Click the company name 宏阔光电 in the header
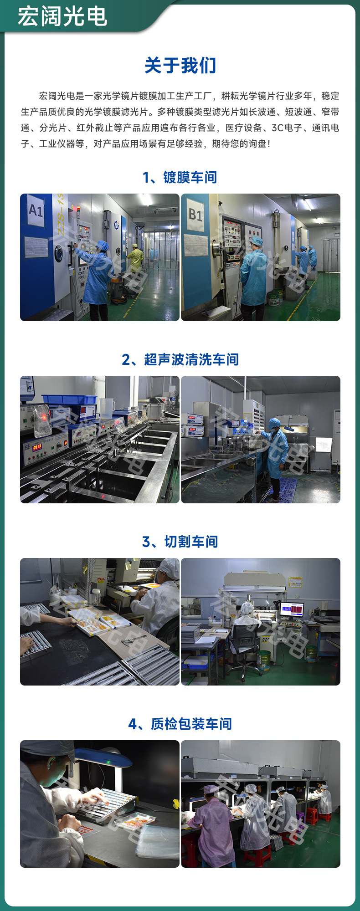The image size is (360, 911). coord(62,16)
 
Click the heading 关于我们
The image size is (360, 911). coord(180,66)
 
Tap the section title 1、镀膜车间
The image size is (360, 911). coord(180,177)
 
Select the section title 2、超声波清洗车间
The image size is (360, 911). coord(180,359)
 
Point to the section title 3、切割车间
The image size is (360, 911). coord(180,542)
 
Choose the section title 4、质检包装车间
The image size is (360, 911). coord(180,724)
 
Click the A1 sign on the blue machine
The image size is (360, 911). coord(36,210)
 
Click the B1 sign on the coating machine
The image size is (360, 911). coord(195,214)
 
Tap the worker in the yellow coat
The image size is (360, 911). coord(135,258)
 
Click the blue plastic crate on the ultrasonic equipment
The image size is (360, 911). coord(69,399)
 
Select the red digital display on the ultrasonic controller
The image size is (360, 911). coord(37,447)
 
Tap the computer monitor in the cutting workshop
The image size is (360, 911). coord(291,609)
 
